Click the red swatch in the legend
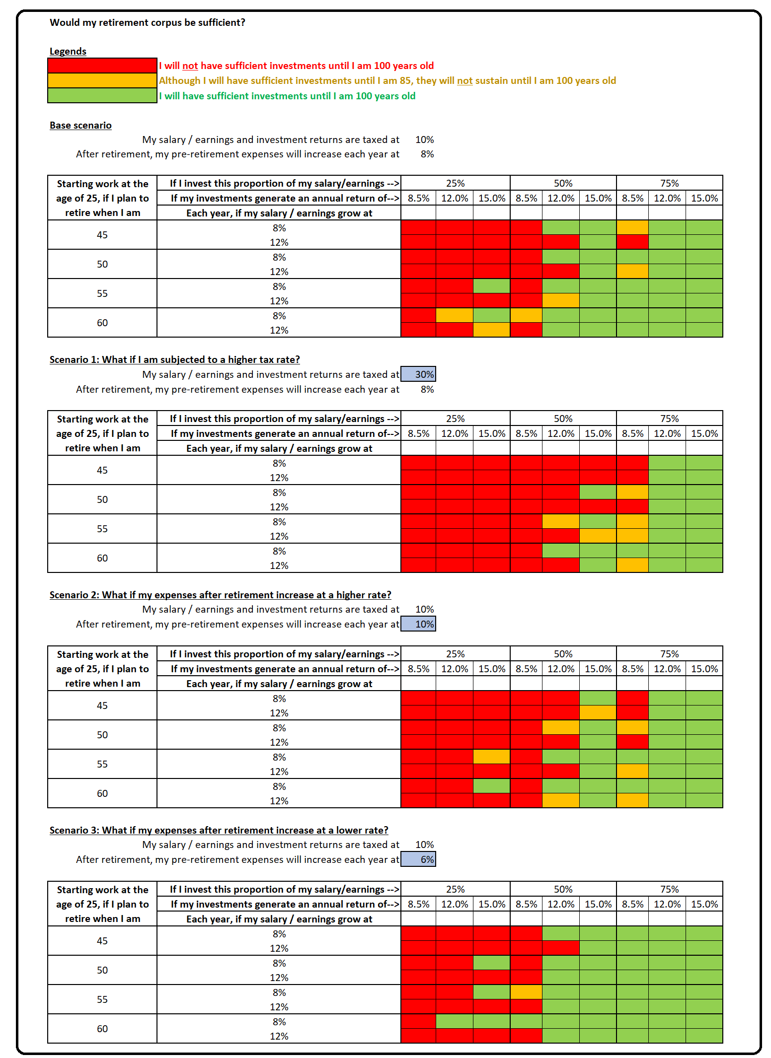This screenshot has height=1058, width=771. [x=102, y=66]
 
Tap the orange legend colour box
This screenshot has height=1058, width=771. [x=102, y=80]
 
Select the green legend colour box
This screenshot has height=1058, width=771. [x=102, y=95]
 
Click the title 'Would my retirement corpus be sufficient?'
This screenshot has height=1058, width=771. [x=148, y=23]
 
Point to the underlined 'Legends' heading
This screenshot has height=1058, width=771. [x=68, y=51]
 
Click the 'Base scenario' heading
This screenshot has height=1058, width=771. [x=80, y=125]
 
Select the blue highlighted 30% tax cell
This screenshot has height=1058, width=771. [x=418, y=374]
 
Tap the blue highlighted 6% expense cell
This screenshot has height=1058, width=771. [x=418, y=859]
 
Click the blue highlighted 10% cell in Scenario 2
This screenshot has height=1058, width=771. [x=418, y=624]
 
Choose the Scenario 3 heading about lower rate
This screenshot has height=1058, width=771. [x=219, y=830]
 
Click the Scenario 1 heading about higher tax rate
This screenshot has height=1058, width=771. [x=175, y=359]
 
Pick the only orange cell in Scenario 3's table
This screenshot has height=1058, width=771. [x=526, y=992]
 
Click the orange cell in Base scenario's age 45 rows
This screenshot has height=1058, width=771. [x=632, y=227]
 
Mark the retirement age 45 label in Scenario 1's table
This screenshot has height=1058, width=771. [x=102, y=470]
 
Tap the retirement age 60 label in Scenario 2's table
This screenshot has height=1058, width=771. [x=102, y=793]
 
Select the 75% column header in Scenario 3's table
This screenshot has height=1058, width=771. [x=669, y=889]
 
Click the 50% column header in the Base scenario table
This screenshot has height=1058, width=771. [x=563, y=183]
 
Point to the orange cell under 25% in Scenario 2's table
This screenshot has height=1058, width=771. [x=491, y=757]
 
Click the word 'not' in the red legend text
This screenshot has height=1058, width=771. [x=190, y=66]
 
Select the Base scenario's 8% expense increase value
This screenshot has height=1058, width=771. [x=427, y=154]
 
